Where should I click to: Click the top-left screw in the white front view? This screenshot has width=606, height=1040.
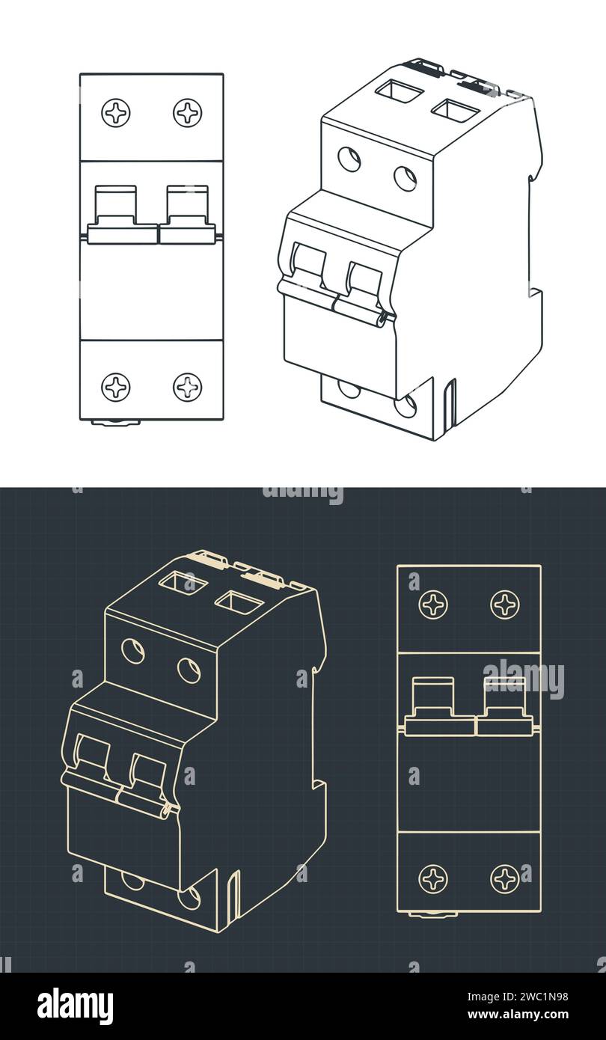point(116,113)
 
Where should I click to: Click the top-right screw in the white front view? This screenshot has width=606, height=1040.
point(187,113)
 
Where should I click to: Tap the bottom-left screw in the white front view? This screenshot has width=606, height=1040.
point(116,387)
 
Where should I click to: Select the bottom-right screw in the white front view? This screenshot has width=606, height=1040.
point(187,387)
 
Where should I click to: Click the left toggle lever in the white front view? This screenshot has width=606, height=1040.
point(116,213)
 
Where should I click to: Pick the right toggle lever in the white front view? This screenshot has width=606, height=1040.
point(187,213)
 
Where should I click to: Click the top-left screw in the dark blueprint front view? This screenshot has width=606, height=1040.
point(433,605)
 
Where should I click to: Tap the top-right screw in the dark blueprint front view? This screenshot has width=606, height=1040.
point(505,605)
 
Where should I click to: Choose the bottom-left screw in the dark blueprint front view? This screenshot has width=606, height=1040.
point(433,878)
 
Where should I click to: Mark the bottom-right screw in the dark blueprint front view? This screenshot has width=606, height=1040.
point(505,878)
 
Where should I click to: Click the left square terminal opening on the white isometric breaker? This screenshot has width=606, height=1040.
point(400,91)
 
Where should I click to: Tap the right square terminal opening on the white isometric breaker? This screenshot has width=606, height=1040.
point(455,111)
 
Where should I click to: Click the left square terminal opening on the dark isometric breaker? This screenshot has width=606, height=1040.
point(183,582)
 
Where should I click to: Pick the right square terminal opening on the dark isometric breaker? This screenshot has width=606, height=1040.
point(239,602)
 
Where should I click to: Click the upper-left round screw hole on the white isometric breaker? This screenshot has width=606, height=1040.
point(349,159)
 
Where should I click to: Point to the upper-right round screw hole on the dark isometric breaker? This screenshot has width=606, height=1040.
point(189,670)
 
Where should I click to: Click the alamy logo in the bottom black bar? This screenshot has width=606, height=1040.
point(76,1006)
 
